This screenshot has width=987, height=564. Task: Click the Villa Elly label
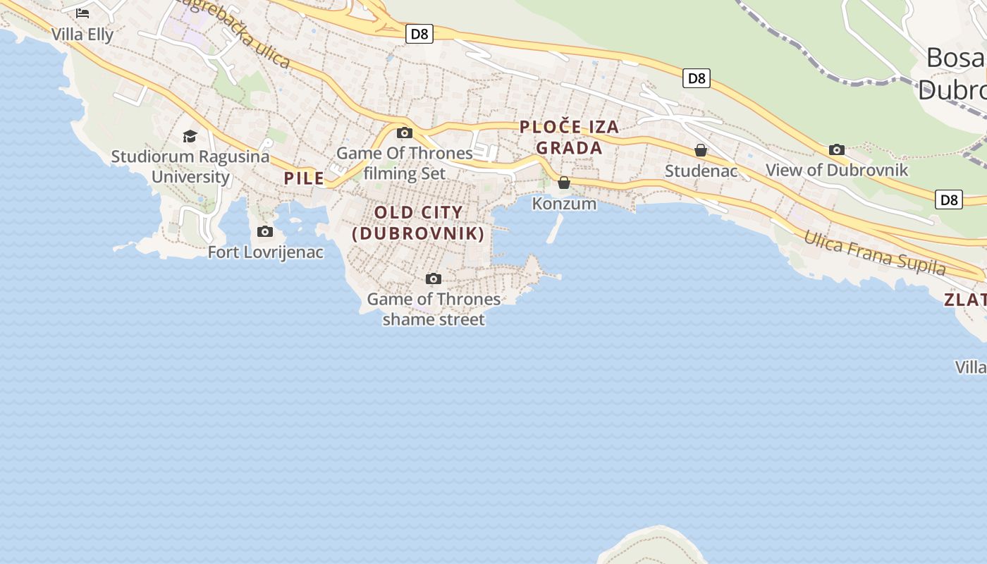click(x=82, y=34)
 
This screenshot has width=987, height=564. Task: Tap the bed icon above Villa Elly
click(x=82, y=13)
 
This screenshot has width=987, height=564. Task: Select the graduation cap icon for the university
click(x=190, y=136)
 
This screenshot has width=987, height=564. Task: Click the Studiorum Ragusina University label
click(x=190, y=166)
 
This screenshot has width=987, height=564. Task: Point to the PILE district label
click(x=305, y=178)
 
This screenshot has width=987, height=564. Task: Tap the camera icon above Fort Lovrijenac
click(x=264, y=231)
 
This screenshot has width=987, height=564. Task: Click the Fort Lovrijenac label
click(x=266, y=252)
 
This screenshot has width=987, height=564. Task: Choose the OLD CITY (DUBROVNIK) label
click(x=419, y=223)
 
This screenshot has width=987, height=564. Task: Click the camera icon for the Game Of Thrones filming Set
click(x=405, y=133)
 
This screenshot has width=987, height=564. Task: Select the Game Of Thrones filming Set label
click(x=405, y=163)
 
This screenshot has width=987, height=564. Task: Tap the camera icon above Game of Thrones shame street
click(x=434, y=278)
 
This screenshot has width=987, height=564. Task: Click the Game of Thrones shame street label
click(x=434, y=309)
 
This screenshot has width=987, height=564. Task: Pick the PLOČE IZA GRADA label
click(x=570, y=137)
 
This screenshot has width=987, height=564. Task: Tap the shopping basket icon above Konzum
click(x=564, y=183)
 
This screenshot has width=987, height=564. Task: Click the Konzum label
click(x=564, y=204)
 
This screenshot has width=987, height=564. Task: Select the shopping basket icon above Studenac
click(x=701, y=150)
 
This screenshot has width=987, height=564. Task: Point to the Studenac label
click(x=701, y=171)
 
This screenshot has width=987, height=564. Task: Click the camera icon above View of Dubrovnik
click(x=837, y=149)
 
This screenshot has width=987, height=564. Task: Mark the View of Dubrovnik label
click(x=837, y=170)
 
